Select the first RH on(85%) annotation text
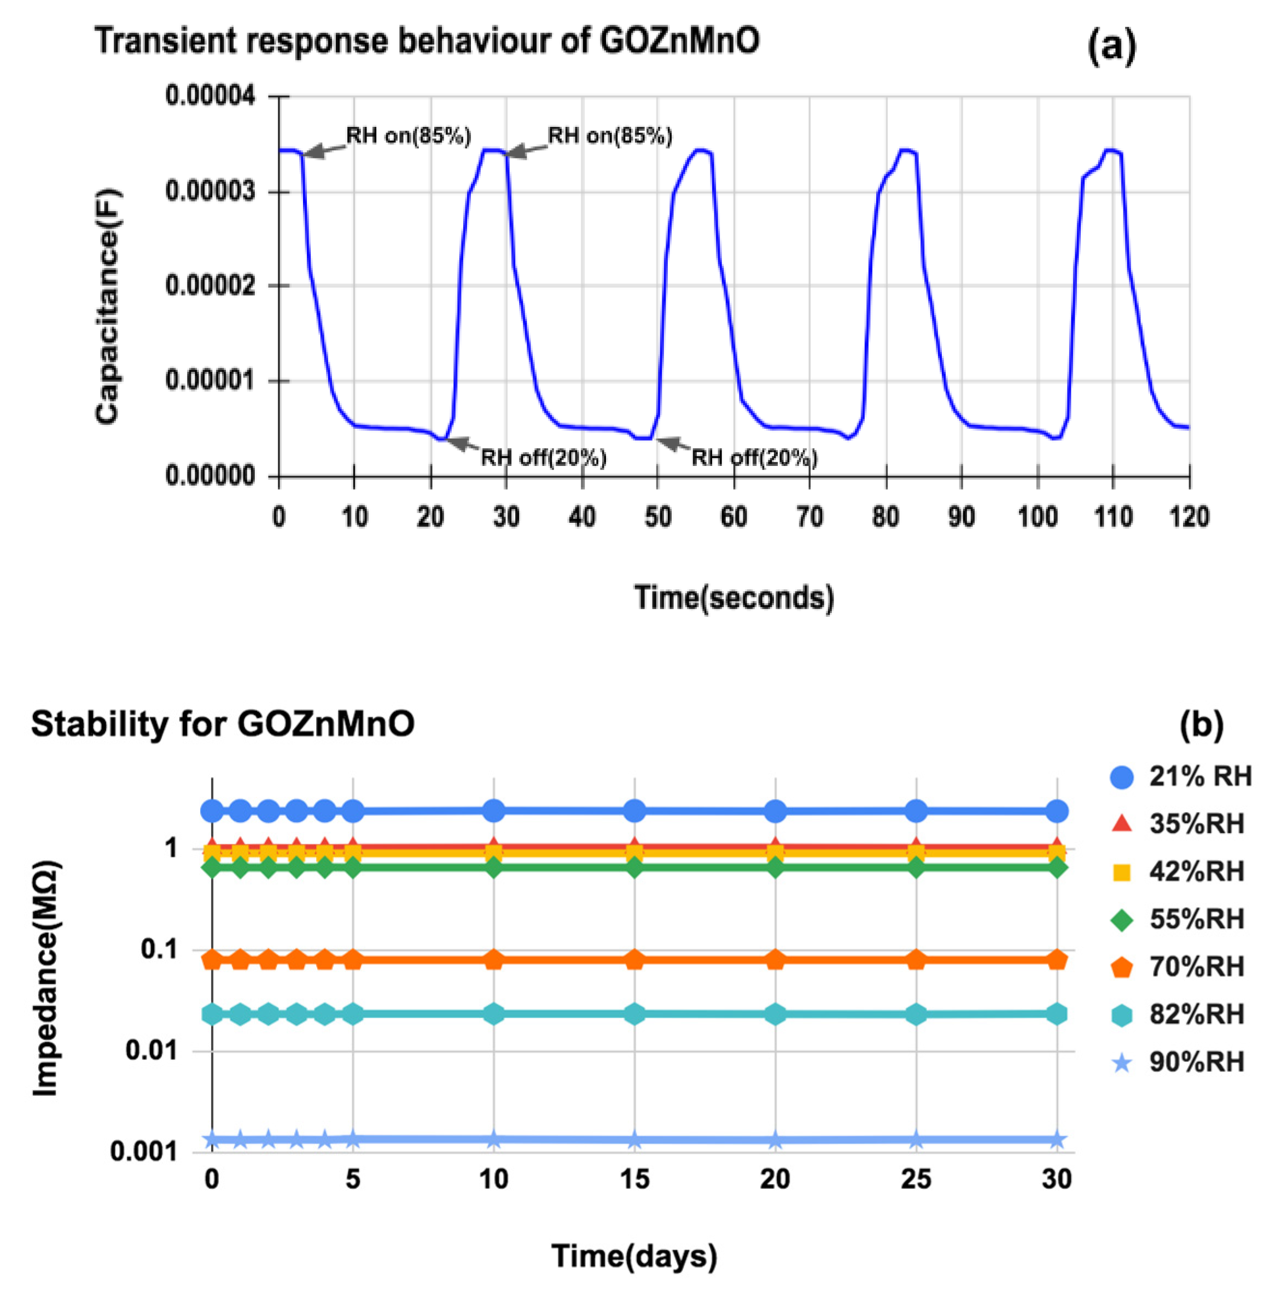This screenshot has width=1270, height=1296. coord(408,136)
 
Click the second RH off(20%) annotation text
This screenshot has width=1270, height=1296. coord(754,458)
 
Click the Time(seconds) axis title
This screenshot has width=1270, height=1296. coord(733,598)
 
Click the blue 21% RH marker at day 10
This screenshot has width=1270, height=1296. coord(493,811)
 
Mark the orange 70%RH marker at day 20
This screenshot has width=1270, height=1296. coord(775,960)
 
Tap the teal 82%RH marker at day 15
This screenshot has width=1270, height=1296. coord(634,1014)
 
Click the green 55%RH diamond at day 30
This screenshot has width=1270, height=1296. coord(1057,868)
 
